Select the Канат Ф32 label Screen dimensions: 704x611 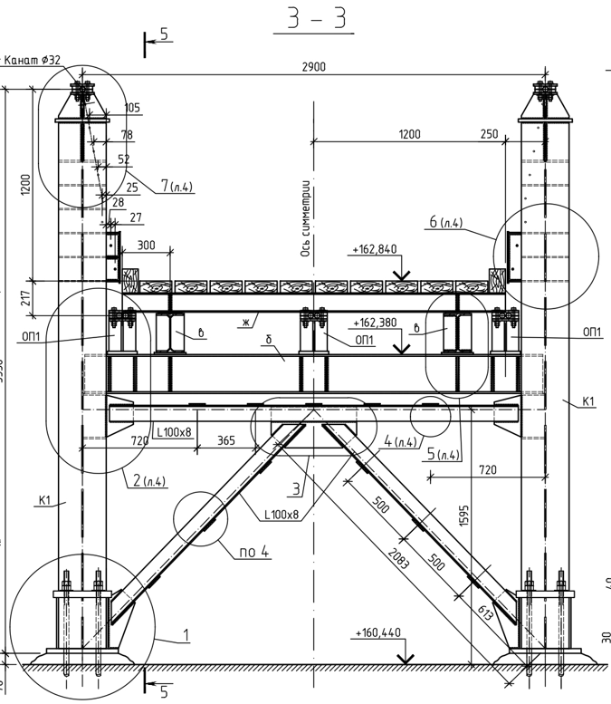[33, 61]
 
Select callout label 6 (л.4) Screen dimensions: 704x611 [445, 223]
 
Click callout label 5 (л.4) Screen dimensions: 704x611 [444, 455]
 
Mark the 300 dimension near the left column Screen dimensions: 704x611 [146, 246]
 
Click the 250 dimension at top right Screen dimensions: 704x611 [489, 134]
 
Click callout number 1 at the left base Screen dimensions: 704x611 [185, 635]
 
